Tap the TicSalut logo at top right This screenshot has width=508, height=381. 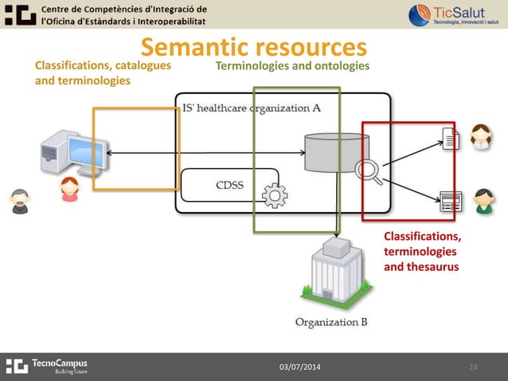(454, 14)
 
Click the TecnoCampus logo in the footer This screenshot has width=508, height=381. (47, 366)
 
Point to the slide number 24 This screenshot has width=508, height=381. (473, 367)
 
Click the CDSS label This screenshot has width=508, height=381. (230, 187)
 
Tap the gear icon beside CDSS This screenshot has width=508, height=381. (275, 194)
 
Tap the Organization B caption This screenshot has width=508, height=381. (331, 323)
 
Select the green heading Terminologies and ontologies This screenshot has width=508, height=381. (292, 65)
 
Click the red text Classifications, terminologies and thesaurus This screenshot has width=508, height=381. (422, 252)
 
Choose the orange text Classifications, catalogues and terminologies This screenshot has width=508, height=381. (103, 73)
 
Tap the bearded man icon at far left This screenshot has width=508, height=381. (20, 202)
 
